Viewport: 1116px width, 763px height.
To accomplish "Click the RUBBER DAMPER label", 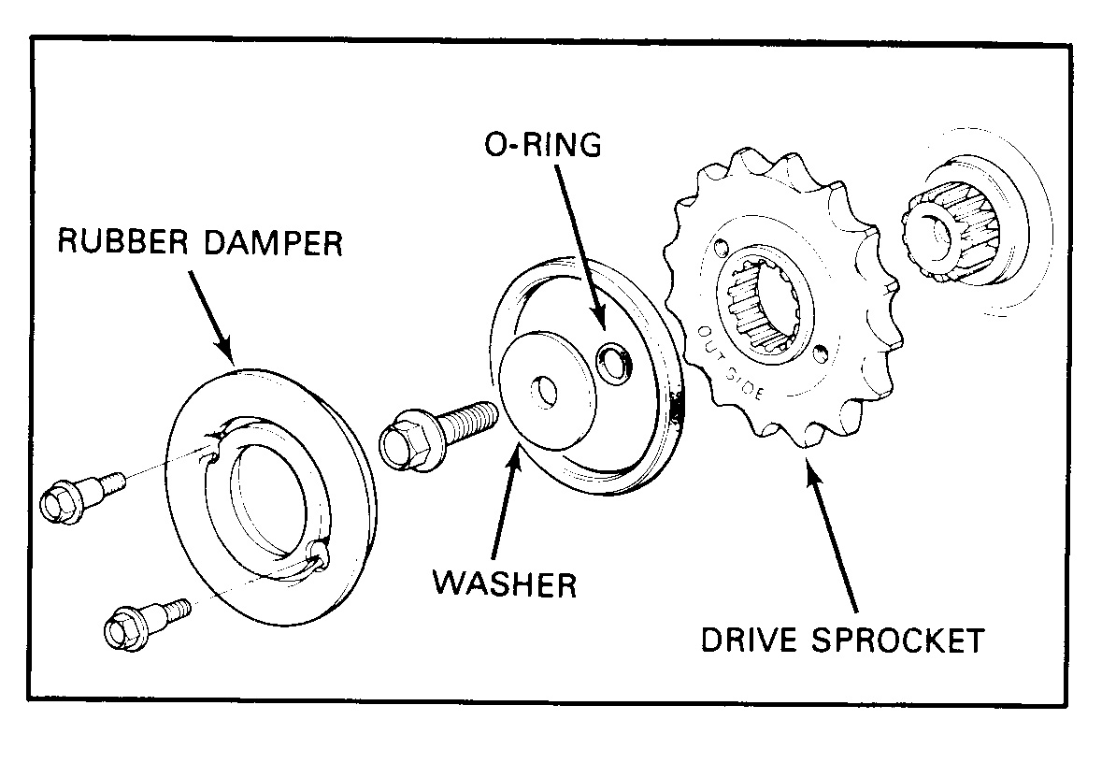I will tap(200, 243).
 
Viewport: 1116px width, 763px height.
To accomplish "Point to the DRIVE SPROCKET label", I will tap(842, 641).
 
